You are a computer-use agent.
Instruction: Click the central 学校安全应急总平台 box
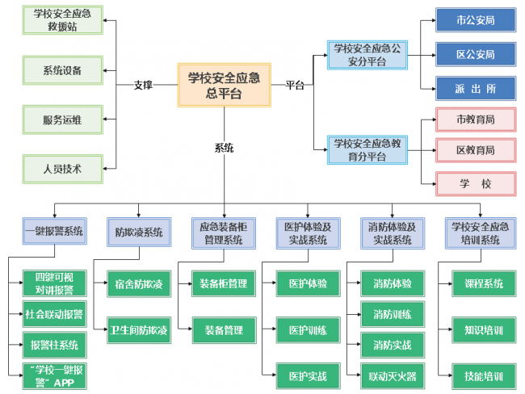pyautogui.click(x=224, y=84)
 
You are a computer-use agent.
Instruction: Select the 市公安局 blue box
pyautogui.click(x=475, y=20)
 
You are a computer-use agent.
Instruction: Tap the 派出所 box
pyautogui.click(x=475, y=87)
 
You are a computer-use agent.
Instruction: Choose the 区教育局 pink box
pyautogui.click(x=475, y=150)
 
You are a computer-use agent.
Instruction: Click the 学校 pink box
pyautogui.click(x=475, y=183)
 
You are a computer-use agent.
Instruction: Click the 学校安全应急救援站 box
pyautogui.click(x=62, y=20)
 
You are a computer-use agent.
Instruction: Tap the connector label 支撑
pyautogui.click(x=143, y=84)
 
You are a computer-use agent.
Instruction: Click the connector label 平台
pyautogui.click(x=295, y=84)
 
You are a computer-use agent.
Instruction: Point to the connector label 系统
pyautogui.click(x=224, y=148)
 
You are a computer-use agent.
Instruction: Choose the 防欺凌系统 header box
pyautogui.click(x=139, y=233)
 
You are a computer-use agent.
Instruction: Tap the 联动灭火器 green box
pyautogui.click(x=393, y=375)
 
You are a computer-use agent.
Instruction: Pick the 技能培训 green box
pyautogui.click(x=484, y=375)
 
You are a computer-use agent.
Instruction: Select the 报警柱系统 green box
pyautogui.click(x=54, y=345)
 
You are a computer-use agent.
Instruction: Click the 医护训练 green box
pyautogui.click(x=308, y=330)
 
